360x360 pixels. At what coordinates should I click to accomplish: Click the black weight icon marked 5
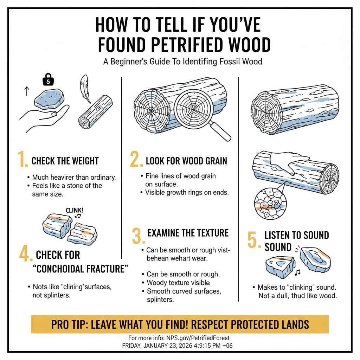coord(49,80)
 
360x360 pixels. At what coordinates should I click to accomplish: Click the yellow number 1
coord(23,160)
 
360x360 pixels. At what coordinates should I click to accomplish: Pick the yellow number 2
coord(135,160)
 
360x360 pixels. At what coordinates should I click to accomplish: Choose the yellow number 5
coord(253,240)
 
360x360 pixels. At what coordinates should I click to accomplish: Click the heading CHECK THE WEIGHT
coord(65,161)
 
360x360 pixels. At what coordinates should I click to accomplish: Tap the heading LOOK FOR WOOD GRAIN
coord(186,161)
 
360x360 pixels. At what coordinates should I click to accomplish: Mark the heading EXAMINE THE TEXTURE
coord(188,233)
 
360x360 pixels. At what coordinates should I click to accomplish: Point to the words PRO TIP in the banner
coord(69,324)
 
